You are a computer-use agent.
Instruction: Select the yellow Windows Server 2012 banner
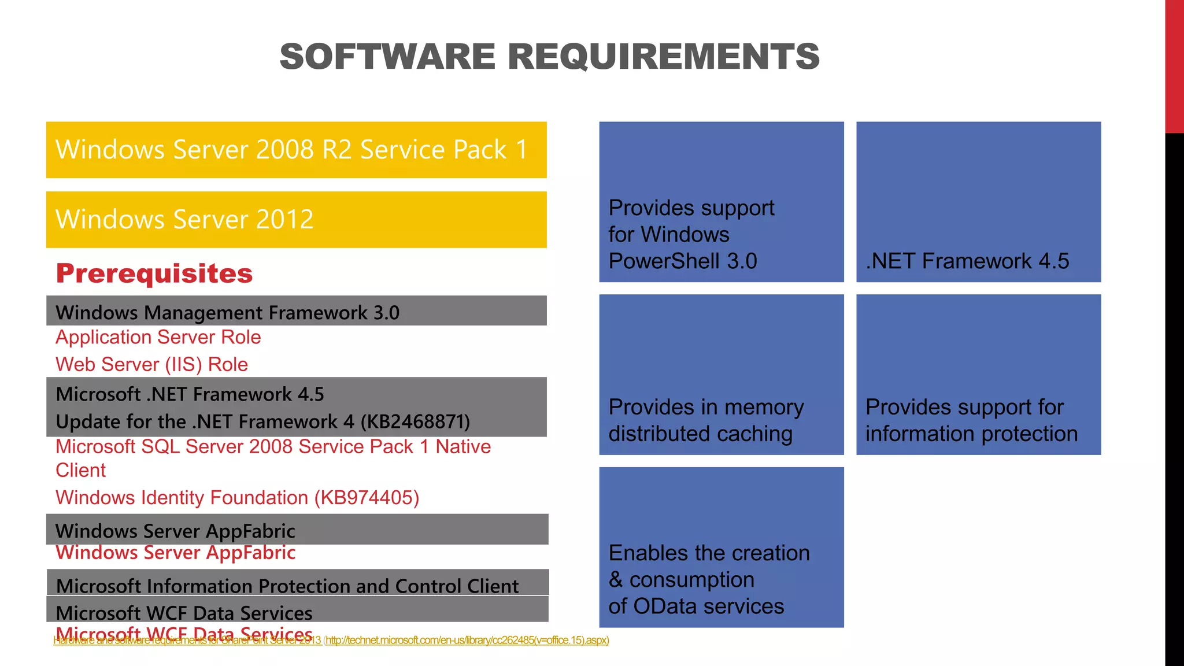(296, 220)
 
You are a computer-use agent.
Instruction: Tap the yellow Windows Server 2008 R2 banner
(296, 150)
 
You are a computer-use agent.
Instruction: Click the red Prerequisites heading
(154, 273)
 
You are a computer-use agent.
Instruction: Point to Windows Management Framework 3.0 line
(227, 313)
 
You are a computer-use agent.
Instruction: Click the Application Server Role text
(158, 337)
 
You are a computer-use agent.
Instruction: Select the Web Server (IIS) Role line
(151, 365)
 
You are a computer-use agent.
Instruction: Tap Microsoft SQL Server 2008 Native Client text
(273, 447)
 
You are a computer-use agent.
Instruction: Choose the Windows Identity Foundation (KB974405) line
(237, 498)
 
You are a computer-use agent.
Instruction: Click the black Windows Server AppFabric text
(175, 531)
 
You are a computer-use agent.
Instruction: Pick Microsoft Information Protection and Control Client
(287, 586)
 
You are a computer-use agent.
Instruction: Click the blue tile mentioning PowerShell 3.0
(721, 202)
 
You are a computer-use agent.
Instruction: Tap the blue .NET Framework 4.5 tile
(978, 202)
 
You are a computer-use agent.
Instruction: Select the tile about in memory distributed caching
(721, 375)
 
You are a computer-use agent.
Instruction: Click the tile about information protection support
(978, 375)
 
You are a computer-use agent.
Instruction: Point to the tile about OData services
(721, 547)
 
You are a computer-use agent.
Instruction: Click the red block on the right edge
(1174, 66)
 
